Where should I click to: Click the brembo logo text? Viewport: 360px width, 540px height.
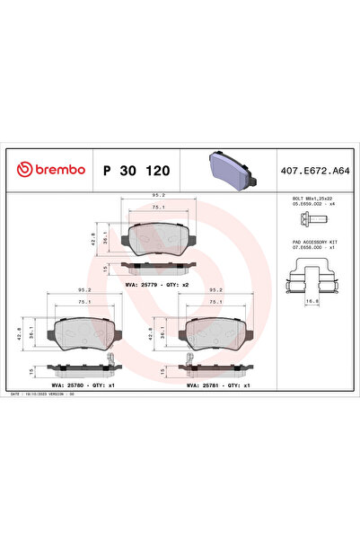click(53, 169)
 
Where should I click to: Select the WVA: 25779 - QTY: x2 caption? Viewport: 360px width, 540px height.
click(158, 284)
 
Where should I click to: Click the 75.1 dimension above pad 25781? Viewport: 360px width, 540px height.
click(216, 303)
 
